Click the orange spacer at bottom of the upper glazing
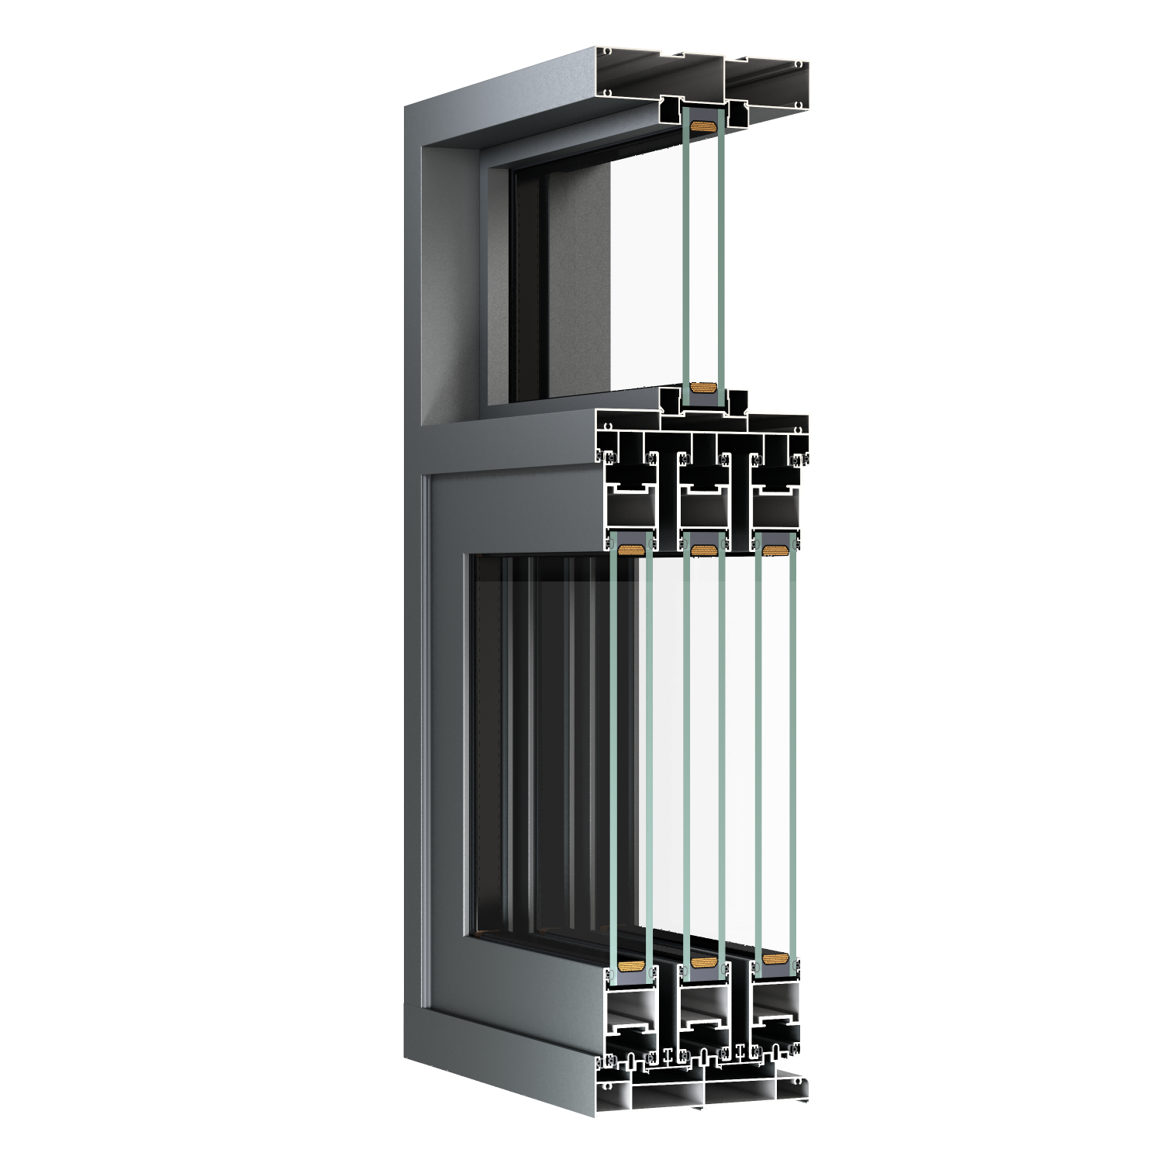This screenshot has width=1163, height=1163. tap(703, 389)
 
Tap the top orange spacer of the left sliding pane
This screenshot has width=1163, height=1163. tap(631, 550)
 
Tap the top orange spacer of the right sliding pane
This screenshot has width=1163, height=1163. tap(775, 550)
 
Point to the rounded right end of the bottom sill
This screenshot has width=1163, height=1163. tap(808, 1084)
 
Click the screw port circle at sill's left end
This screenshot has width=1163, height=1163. tap(608, 1086)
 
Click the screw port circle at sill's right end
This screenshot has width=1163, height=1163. tap(798, 1081)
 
